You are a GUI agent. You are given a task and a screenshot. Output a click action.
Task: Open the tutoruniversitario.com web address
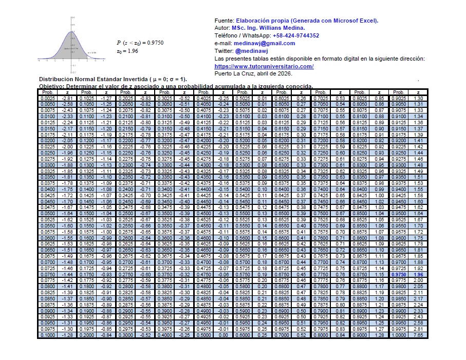point(264,67)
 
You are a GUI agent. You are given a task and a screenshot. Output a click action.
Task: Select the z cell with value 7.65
point(418,335)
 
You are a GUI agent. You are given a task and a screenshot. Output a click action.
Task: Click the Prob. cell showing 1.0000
point(398,335)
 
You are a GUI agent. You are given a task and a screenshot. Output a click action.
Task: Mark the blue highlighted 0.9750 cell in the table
point(398,275)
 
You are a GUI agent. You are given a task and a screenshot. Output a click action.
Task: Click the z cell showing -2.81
point(67,98)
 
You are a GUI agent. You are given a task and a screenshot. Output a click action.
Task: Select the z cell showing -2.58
point(67,104)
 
